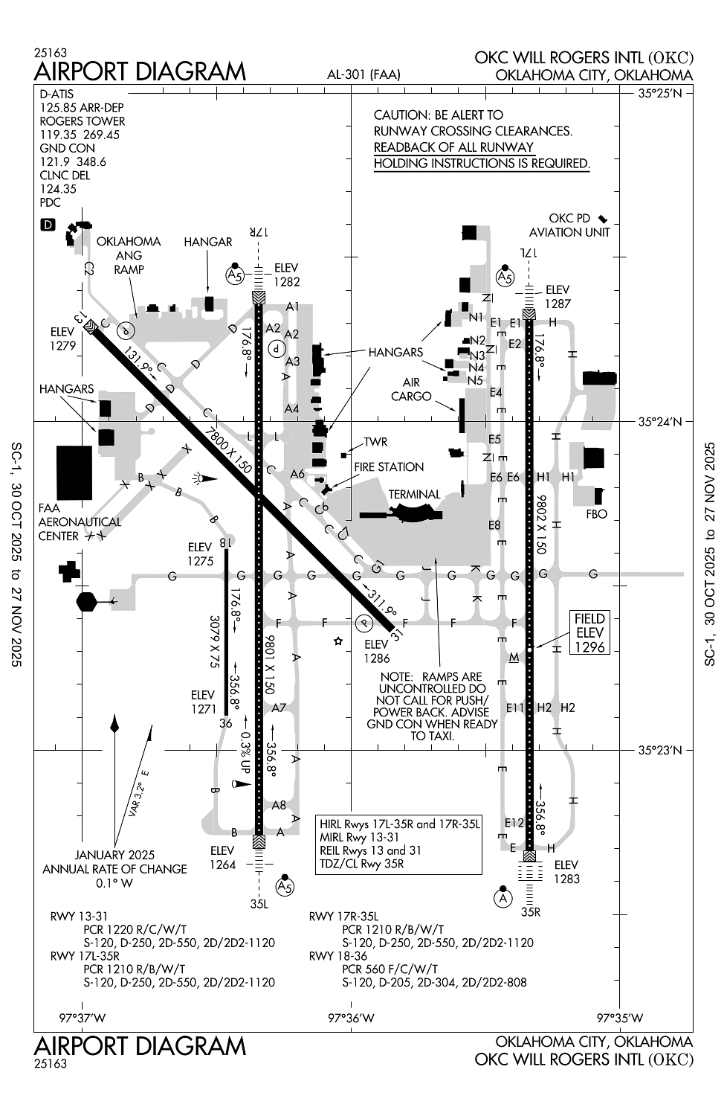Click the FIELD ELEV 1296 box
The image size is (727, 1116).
(589, 633)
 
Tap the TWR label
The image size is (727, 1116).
(375, 442)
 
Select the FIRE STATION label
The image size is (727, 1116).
(389, 467)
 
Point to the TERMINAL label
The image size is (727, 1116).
(414, 494)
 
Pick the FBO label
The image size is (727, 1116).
(596, 514)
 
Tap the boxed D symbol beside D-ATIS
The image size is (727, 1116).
(48, 224)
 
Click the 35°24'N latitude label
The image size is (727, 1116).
(660, 422)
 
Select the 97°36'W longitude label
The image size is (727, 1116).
(351, 1018)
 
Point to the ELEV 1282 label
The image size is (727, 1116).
(286, 275)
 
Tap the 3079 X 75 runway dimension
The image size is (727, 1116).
(215, 641)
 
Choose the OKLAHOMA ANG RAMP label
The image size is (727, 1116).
(129, 255)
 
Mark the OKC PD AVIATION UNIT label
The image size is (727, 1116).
(569, 225)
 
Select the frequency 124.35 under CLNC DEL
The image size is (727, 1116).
(58, 189)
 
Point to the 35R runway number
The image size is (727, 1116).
(529, 911)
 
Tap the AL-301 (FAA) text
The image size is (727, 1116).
(363, 74)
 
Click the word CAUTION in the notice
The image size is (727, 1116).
(401, 115)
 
